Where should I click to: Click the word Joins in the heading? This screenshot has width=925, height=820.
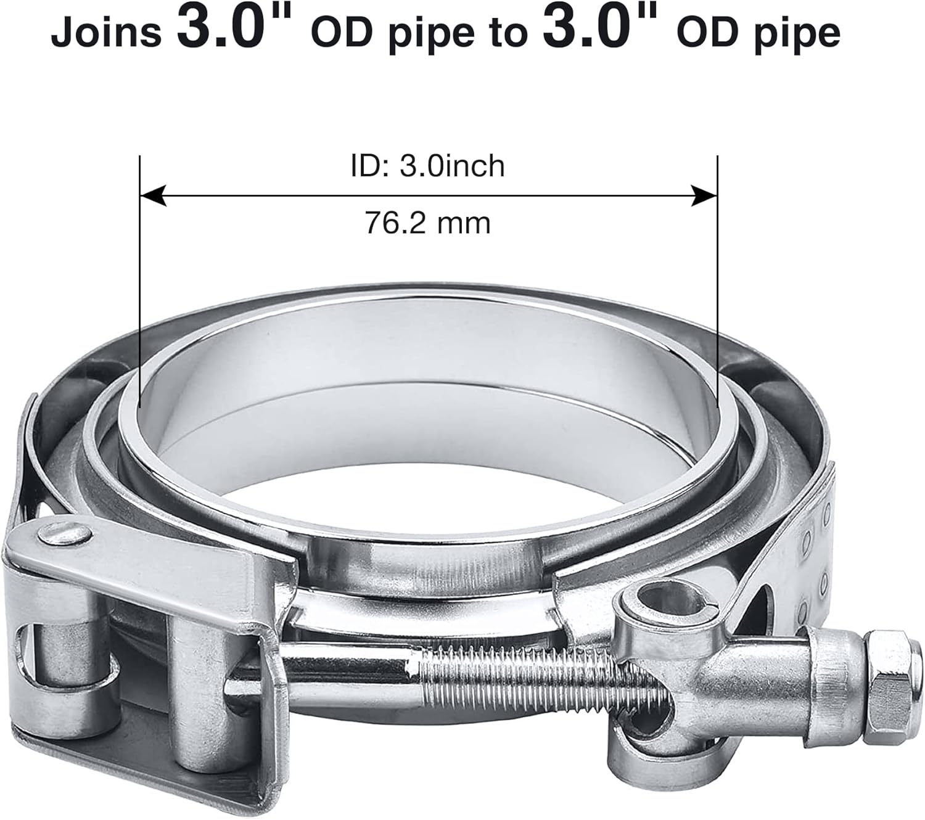click(105, 33)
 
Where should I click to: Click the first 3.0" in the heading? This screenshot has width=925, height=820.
click(234, 28)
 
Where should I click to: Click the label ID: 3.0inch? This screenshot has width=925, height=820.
click(427, 166)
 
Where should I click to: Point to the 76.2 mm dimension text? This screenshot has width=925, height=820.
click(427, 223)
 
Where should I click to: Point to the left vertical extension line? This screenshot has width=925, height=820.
click(140, 277)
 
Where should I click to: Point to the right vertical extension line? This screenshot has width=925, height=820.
click(718, 277)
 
